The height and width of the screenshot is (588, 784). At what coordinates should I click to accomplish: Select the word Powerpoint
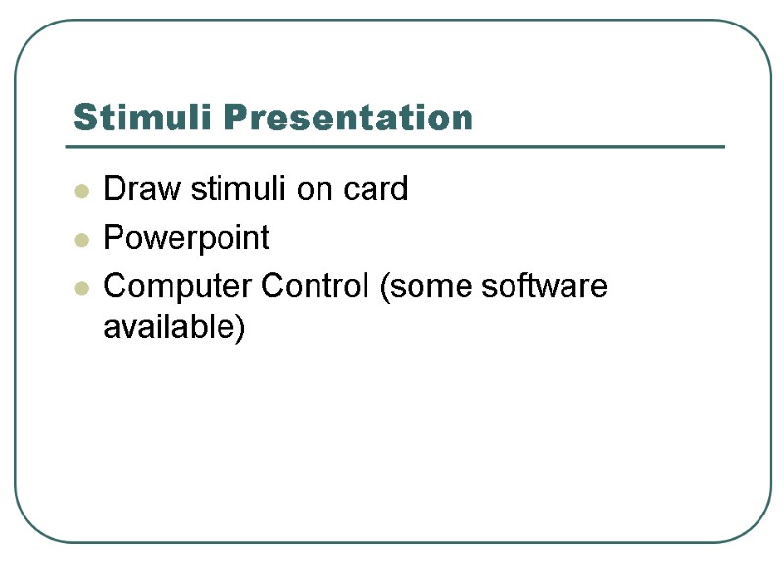click(x=186, y=238)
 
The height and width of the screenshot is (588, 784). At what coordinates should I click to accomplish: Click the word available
click(x=168, y=327)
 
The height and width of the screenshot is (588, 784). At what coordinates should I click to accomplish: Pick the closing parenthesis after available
click(x=238, y=328)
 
